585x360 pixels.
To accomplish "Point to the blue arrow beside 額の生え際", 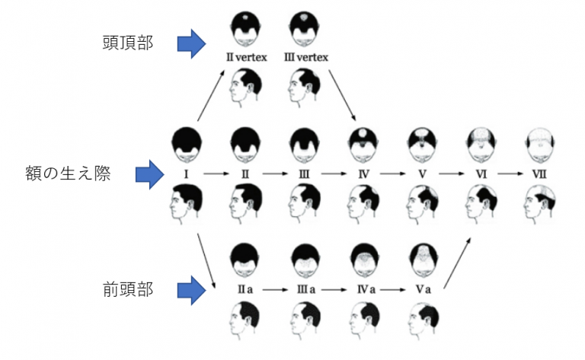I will point(150,175).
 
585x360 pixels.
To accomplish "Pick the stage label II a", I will point(245,290).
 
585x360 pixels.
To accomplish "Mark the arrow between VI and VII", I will point(507,174).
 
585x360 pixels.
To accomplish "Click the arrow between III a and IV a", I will point(332,290).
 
